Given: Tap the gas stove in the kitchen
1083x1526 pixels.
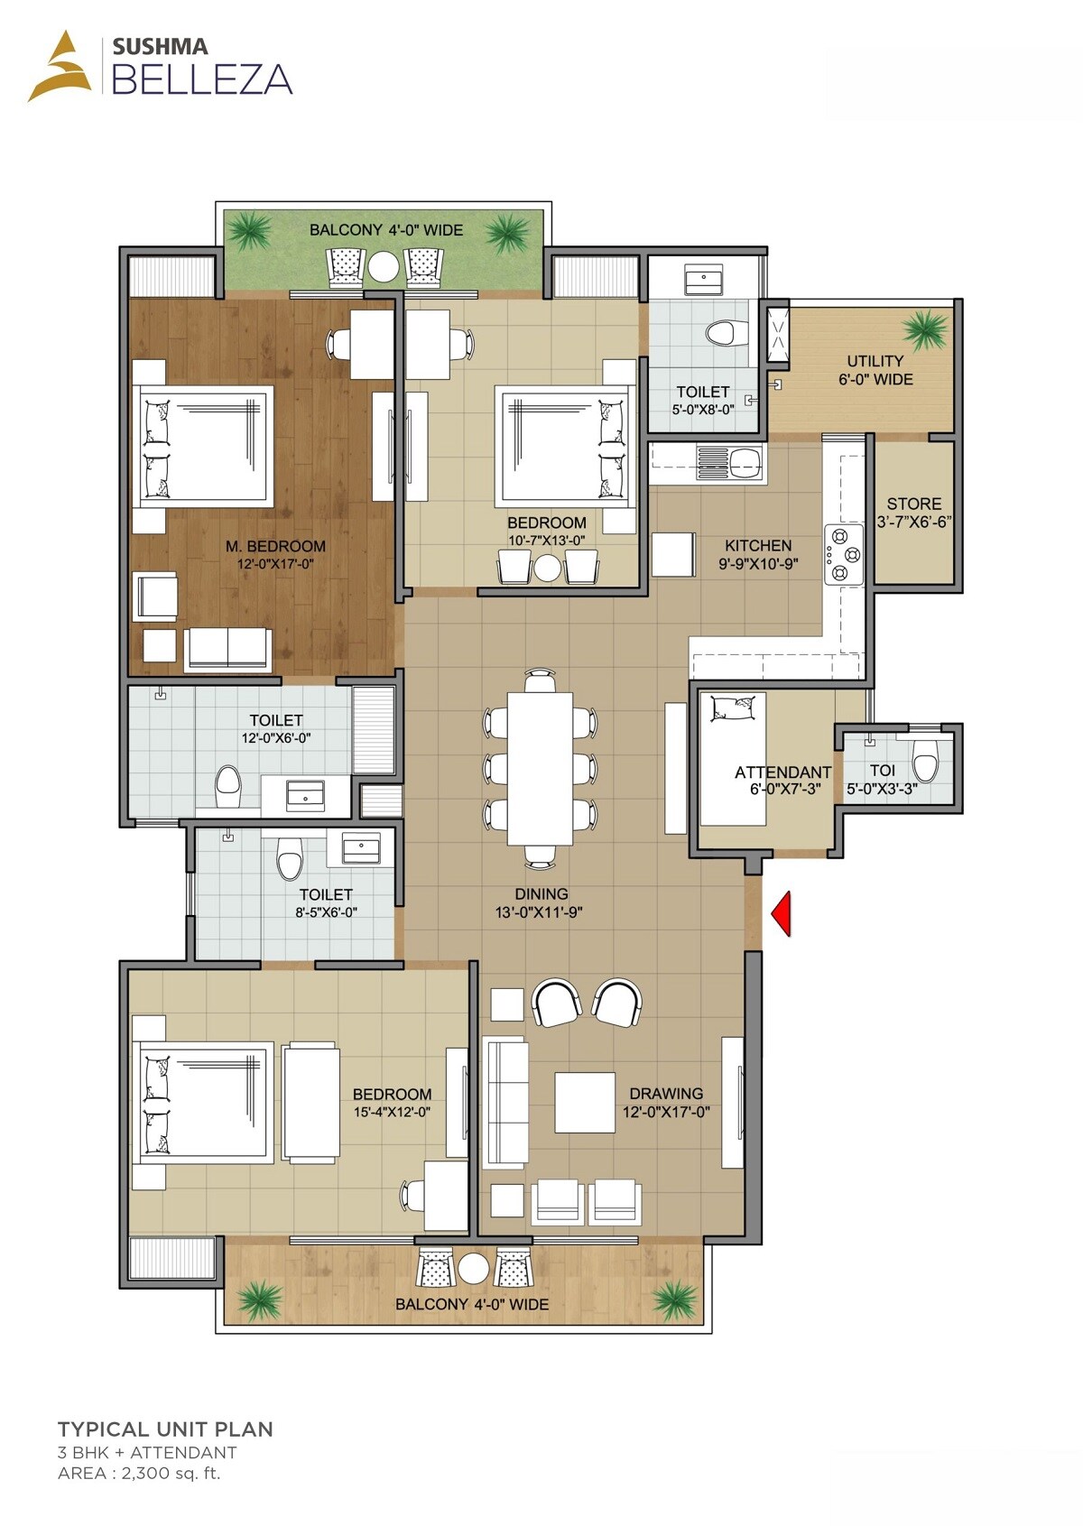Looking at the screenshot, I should (x=842, y=554).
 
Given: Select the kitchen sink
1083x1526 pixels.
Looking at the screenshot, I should (x=745, y=464).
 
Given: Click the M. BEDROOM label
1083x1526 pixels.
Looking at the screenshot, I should (x=275, y=546).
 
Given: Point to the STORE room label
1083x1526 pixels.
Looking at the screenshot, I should (x=913, y=504).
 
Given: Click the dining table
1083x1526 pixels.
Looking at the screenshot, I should (x=540, y=768).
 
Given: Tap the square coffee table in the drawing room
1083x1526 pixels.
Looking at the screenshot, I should (x=585, y=1102).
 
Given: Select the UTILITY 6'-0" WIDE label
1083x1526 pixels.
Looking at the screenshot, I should (x=875, y=370).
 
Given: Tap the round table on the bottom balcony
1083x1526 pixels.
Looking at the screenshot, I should (x=473, y=1269).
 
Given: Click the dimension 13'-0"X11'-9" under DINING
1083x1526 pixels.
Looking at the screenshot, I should (x=539, y=912).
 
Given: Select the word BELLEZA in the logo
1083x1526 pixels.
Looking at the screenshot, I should (x=202, y=79).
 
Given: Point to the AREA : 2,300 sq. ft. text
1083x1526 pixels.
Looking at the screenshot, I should (x=139, y=1474).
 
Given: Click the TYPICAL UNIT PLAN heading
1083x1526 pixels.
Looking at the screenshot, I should (x=165, y=1429).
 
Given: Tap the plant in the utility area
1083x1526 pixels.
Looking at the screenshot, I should (x=925, y=330).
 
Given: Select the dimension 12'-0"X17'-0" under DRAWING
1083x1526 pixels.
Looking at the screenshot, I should (x=666, y=1112).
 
